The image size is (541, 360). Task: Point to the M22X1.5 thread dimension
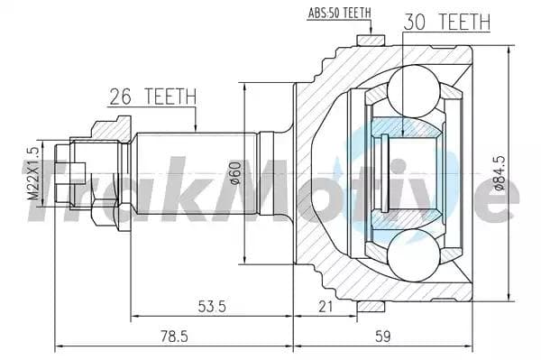pos(32,174)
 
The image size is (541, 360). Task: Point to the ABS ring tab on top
pos(368,40)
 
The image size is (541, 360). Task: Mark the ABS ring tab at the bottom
pos(368,307)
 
